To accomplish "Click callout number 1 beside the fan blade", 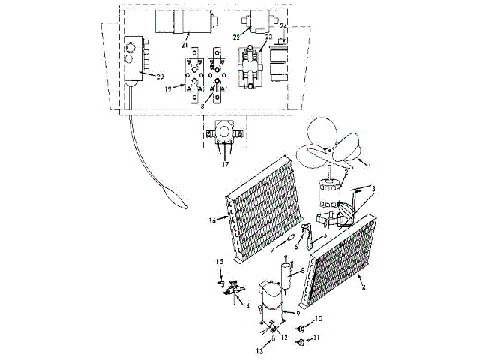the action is (367, 163).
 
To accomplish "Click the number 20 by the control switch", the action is (160, 76).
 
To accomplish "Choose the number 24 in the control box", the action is (283, 25).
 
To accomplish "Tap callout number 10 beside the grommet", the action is (318, 319).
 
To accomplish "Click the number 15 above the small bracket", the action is (220, 260).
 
